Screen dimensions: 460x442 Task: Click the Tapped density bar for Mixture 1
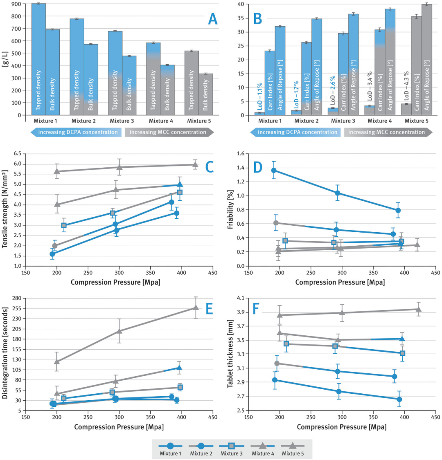click(x=38, y=59)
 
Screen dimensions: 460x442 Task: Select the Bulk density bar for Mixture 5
click(x=206, y=94)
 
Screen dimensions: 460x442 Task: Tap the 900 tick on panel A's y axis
click(x=18, y=4)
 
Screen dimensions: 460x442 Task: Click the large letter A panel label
click(x=213, y=18)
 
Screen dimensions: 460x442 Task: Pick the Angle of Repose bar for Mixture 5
click(x=427, y=60)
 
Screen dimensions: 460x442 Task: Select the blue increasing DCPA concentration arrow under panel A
click(x=76, y=132)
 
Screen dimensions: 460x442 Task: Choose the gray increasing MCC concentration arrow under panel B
click(x=388, y=132)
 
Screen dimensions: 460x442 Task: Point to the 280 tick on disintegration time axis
click(x=16, y=298)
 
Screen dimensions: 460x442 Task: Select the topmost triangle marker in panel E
click(x=196, y=307)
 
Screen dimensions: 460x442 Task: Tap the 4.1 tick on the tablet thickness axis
click(x=240, y=298)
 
